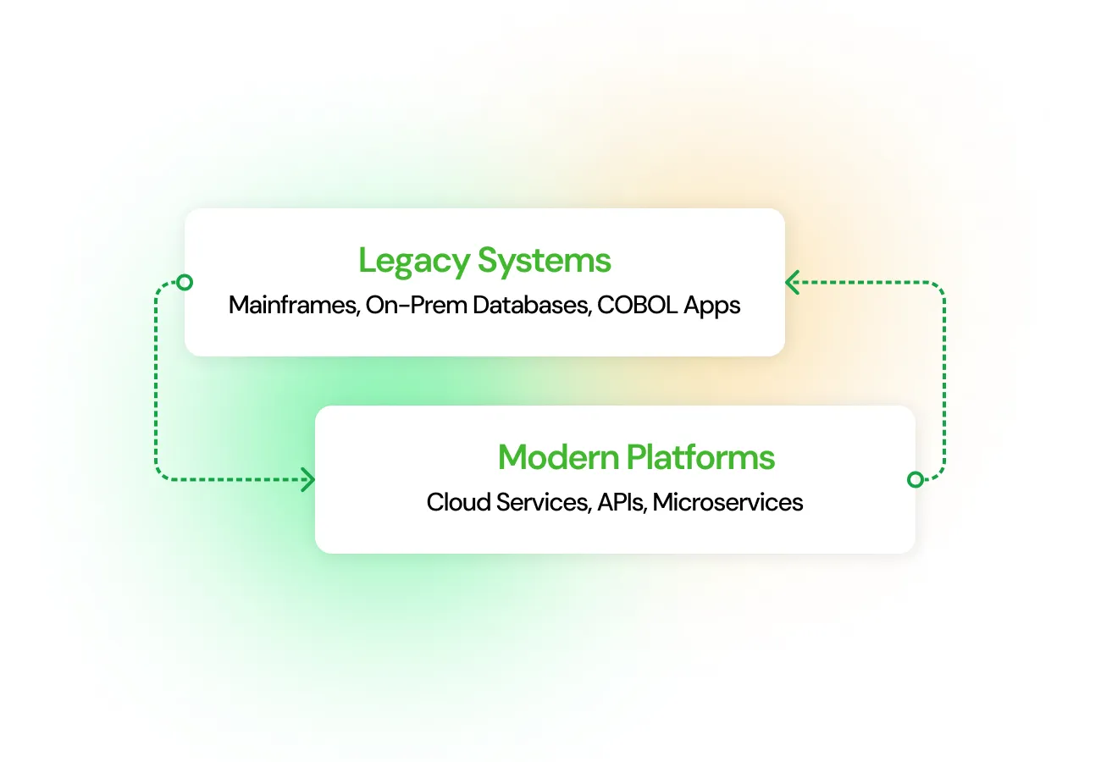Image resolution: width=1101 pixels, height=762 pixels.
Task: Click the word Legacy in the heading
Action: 414,261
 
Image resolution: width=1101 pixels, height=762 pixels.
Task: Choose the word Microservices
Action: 728,502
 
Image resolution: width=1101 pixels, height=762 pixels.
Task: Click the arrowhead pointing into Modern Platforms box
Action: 308,480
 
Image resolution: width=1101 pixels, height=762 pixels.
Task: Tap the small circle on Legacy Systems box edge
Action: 185,283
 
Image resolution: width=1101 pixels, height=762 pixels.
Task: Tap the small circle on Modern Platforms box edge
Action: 915,480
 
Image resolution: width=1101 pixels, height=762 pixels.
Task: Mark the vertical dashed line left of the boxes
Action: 157,381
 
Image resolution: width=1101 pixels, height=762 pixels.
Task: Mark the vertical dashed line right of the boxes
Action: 943,381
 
